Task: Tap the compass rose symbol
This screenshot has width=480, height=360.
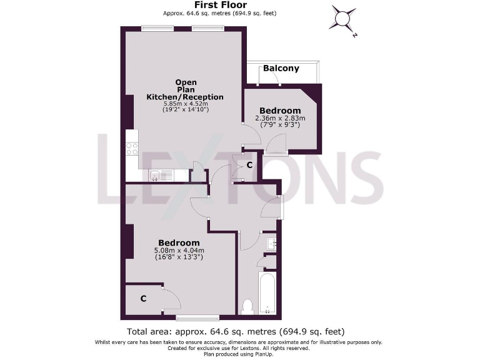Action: (x=343, y=19)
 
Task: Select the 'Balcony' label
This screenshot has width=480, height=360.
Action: (x=281, y=68)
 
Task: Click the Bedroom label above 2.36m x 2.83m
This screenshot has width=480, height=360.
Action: (x=280, y=111)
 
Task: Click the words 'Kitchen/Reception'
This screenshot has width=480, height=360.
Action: (x=184, y=97)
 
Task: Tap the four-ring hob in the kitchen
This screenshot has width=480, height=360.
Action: (x=132, y=149)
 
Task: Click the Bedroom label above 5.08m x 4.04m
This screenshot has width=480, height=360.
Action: (x=179, y=242)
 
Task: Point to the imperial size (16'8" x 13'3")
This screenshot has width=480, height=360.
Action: (x=178, y=257)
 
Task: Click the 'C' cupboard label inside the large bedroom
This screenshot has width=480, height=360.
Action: (x=143, y=299)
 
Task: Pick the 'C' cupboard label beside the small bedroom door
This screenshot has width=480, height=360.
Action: (x=249, y=166)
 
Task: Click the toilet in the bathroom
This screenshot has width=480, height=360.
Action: (x=247, y=306)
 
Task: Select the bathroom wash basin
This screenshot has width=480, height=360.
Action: (x=271, y=242)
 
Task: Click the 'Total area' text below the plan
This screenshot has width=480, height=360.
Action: (x=236, y=331)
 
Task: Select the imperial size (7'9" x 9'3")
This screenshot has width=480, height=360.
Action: (x=280, y=125)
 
